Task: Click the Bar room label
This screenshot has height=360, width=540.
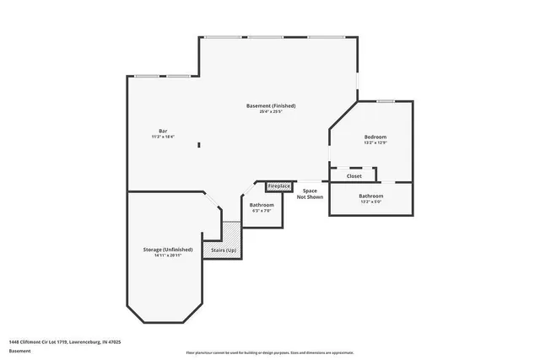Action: pos(163,131)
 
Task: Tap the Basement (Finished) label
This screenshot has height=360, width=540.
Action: pos(271,105)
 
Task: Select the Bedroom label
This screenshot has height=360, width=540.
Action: pos(375,137)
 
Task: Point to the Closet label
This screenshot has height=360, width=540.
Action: pos(354,176)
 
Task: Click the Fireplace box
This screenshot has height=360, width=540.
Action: pos(279,185)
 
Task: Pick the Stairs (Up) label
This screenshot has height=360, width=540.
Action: pos(224,250)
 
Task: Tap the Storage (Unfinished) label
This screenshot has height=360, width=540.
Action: pos(168,250)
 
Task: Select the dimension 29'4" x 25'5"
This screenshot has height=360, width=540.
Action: pos(271,111)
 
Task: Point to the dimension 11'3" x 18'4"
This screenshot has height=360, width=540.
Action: pos(163,137)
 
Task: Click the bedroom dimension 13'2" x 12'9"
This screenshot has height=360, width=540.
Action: pos(375,142)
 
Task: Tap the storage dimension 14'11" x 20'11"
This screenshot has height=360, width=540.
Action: pos(168,255)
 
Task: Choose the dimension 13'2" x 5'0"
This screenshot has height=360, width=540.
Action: pos(371,201)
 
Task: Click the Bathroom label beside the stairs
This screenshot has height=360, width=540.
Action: pos(262,205)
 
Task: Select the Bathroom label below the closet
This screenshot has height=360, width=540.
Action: pos(371,196)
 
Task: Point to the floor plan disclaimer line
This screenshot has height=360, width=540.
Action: pos(270,352)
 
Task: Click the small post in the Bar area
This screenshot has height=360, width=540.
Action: pos(199,145)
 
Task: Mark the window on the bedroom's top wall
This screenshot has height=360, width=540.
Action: pos(386,101)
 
